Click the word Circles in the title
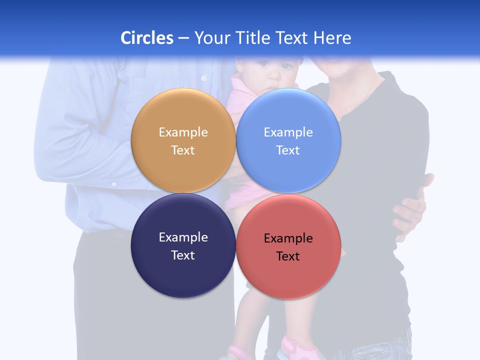tap(147, 38)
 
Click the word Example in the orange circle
tap(183, 132)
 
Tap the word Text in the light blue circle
tap(288, 150)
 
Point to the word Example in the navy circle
tap(183, 237)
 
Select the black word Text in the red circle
tap(288, 256)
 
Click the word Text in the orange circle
tap(183, 150)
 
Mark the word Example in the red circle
tap(288, 238)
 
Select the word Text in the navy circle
tap(183, 255)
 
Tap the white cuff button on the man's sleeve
tap(114, 184)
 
